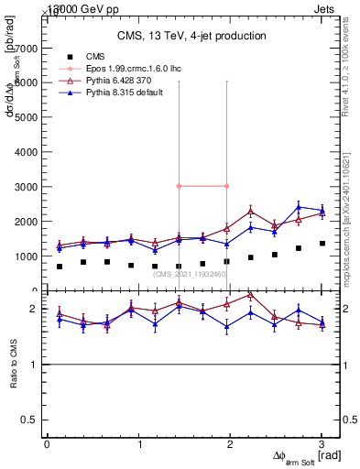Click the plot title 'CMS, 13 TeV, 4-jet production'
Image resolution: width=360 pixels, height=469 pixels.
coord(191,36)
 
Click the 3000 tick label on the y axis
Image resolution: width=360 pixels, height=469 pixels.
coord(26,187)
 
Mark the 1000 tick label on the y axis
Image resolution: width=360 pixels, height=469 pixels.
coord(26,256)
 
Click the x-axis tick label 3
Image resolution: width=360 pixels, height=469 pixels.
coord(322,444)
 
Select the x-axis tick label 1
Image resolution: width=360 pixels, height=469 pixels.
coord(138,444)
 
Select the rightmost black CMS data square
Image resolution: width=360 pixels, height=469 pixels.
coord(322,244)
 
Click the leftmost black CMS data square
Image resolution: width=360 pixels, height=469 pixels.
coord(60,267)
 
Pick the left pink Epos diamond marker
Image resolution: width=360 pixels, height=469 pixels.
coord(179,186)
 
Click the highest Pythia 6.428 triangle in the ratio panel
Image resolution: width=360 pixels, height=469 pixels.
coord(250,295)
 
